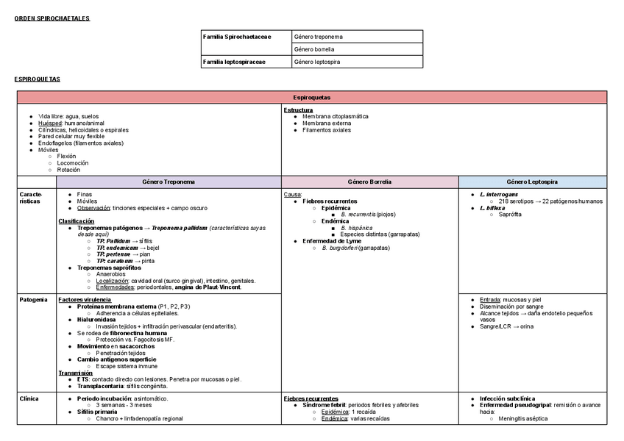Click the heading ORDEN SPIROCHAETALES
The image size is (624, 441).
coord(52,18)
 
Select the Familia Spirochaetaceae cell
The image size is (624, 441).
coord(237,37)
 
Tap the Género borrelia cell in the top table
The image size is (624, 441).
coord(314,49)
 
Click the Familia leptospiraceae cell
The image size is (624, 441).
coord(235,62)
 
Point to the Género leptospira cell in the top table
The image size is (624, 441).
coord(317,62)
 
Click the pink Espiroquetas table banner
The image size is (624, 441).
coord(311,97)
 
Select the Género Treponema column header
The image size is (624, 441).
coord(169,182)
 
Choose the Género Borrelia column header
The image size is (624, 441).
coord(369,182)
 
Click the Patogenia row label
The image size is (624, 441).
coord(33,300)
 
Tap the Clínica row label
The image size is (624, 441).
coord(29,398)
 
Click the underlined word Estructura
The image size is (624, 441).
coord(298,110)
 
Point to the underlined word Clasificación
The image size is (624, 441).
coord(76,221)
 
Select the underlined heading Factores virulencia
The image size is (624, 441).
coord(85,300)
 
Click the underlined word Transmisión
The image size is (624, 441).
coord(75,373)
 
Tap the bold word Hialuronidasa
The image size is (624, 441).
coord(96,320)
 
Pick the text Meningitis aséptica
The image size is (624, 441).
coord(522,419)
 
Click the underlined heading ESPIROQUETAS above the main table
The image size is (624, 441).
coord(37,79)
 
